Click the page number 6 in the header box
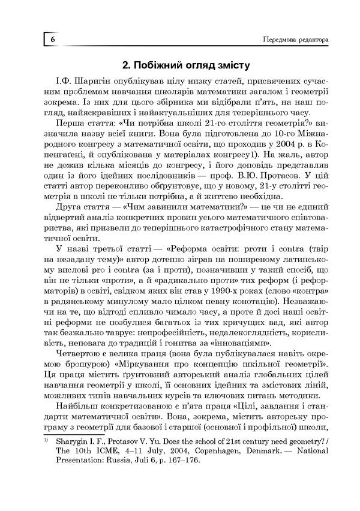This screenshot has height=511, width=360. [53, 39]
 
